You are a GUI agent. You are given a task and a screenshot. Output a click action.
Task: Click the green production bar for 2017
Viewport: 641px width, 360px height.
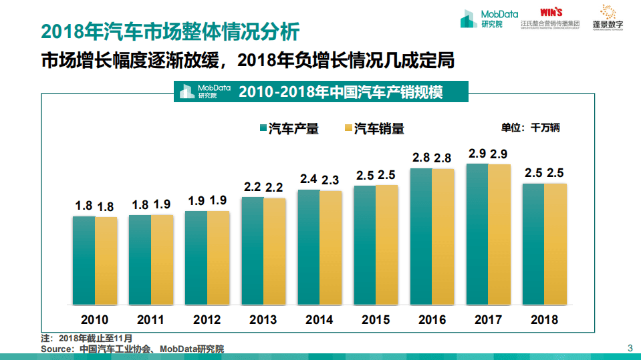(x=477, y=234)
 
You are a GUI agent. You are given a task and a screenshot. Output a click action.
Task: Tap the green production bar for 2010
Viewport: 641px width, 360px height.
(x=84, y=260)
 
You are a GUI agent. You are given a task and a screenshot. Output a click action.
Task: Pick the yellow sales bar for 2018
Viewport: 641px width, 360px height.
(x=555, y=244)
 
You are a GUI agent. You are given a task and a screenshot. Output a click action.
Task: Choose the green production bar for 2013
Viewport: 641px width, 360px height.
(x=252, y=250)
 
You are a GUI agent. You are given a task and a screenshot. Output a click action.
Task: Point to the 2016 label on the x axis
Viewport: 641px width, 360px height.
(x=432, y=320)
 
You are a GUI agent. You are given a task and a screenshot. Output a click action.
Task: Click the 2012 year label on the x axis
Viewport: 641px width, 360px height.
(x=207, y=320)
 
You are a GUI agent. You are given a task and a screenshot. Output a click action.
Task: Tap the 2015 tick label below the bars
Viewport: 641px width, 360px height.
(x=376, y=320)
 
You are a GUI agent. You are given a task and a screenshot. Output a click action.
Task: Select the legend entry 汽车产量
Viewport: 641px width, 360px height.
(x=288, y=129)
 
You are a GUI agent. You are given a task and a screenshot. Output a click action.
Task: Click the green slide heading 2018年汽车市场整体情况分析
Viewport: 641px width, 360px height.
(x=170, y=31)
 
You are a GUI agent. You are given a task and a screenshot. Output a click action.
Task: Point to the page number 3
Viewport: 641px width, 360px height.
(x=630, y=347)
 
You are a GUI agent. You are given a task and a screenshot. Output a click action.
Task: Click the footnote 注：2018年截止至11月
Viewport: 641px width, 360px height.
(x=87, y=339)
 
